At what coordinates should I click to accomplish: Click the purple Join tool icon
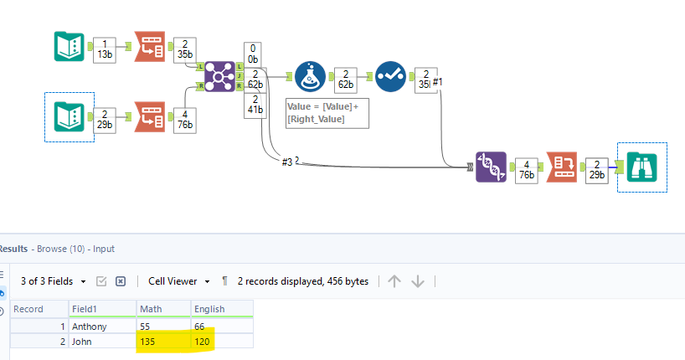coord(220,75)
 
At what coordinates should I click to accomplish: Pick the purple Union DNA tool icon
coord(491,167)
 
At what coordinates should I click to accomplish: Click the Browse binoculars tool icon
coord(642,167)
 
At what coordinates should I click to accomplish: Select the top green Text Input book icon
coord(69,47)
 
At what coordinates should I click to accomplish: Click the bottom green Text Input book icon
coord(69,116)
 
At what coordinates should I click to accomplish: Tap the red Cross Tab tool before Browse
coord(562,167)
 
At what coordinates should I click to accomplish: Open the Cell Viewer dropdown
coord(178,281)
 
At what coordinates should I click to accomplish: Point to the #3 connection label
coord(287,162)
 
